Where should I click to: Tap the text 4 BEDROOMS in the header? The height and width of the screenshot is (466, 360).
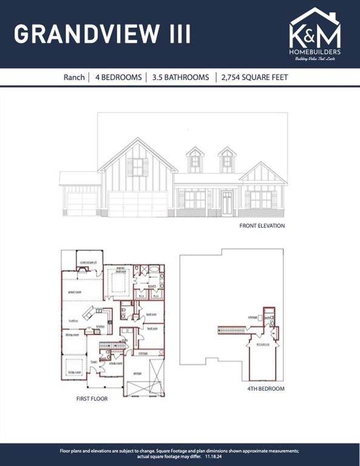pyautogui.click(x=118, y=78)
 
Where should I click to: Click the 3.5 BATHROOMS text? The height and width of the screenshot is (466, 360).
pyautogui.click(x=181, y=78)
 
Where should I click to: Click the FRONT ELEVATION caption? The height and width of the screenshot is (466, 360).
pyautogui.click(x=262, y=226)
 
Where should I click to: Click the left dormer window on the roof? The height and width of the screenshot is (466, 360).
pyautogui.click(x=195, y=161)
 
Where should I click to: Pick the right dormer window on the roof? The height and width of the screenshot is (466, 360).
pyautogui.click(x=227, y=161)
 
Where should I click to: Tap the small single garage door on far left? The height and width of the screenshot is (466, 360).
pyautogui.click(x=81, y=204)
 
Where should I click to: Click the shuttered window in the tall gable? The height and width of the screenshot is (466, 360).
pyautogui.click(x=138, y=167)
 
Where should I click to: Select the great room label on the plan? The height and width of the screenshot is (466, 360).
pyautogui.click(x=75, y=291)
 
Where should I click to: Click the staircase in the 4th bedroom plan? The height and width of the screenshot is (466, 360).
pyautogui.click(x=233, y=329)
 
